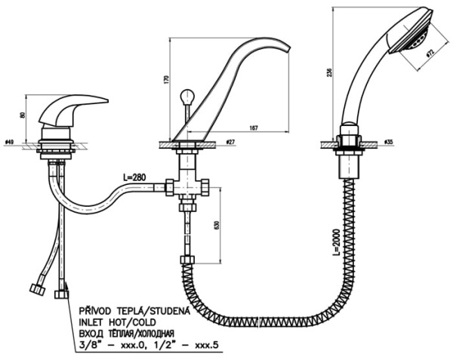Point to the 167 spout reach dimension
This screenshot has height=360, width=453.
click(253, 128)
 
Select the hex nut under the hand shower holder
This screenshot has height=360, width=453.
click(350, 142)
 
